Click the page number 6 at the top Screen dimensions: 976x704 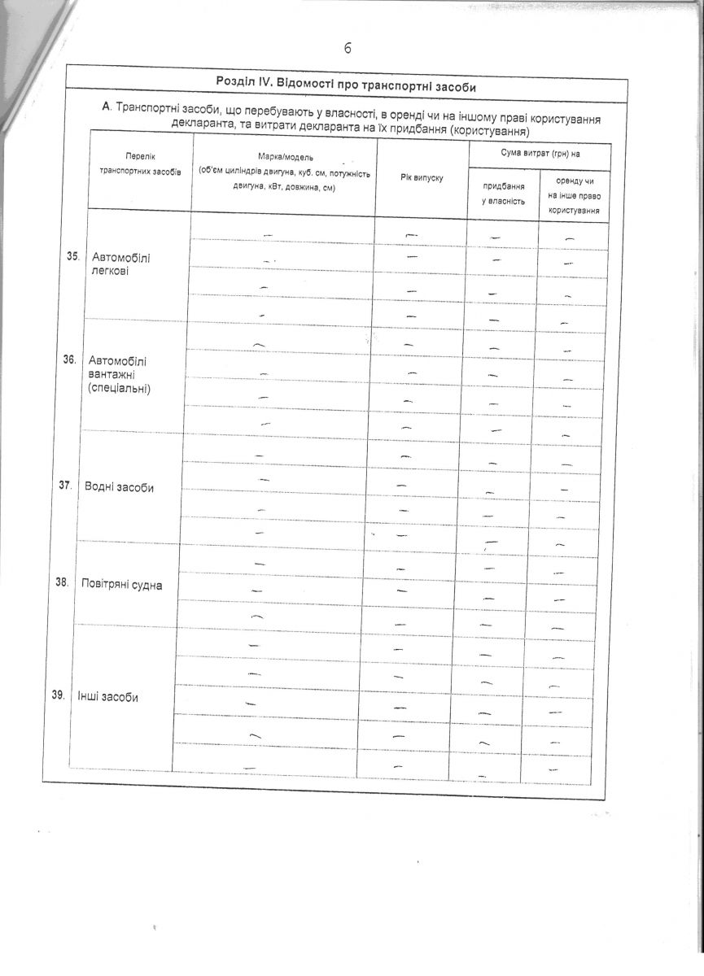(348, 48)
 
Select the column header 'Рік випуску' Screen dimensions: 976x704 (421, 177)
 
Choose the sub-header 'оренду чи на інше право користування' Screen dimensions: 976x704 (574, 195)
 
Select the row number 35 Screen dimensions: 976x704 (72, 256)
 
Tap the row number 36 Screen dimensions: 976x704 (69, 359)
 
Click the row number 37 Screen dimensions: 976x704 (65, 485)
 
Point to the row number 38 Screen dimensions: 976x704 (61, 582)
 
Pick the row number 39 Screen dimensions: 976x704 (58, 695)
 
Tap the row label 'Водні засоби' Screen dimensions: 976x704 (119, 487)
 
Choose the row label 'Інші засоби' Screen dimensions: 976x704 (107, 697)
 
